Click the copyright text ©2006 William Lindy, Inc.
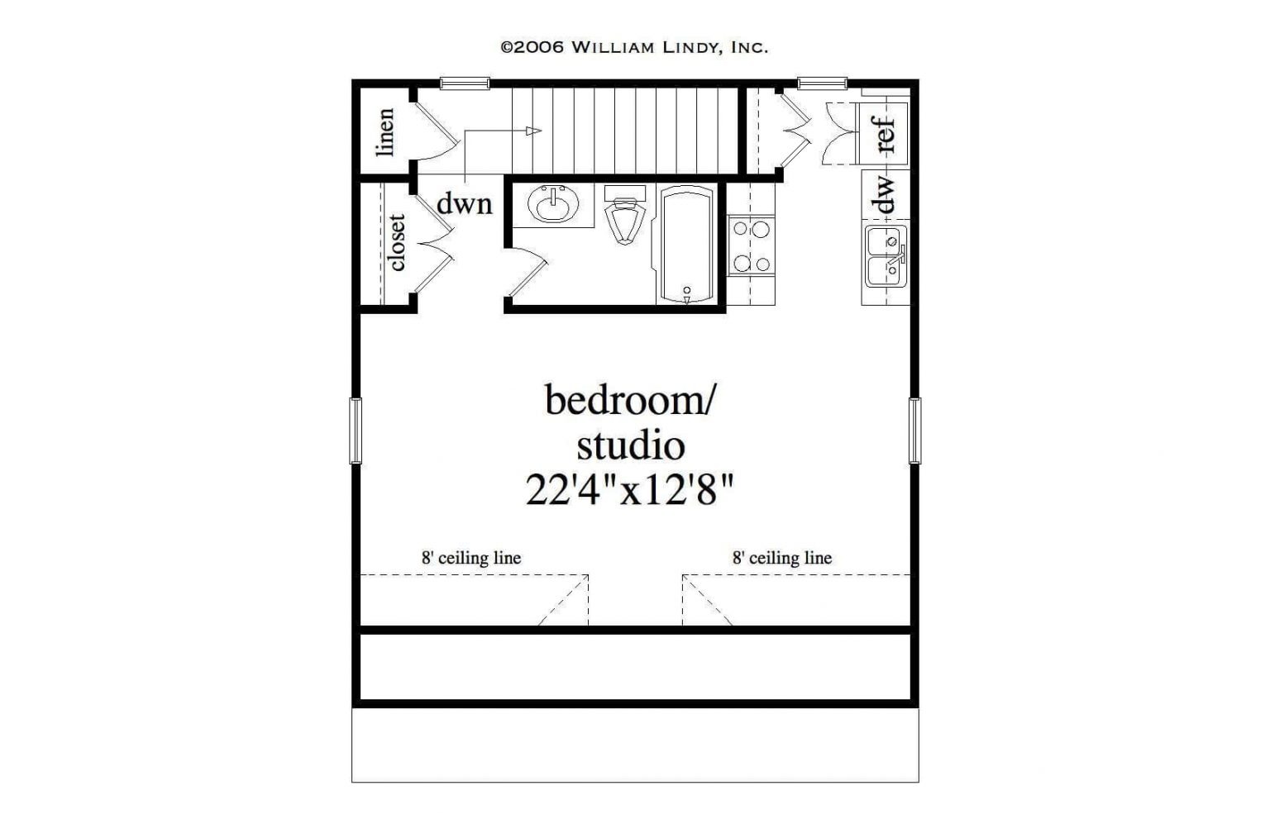[x=634, y=47]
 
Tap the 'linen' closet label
[x=385, y=132]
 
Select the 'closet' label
[x=397, y=242]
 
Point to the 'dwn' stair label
[x=464, y=203]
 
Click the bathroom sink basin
[x=552, y=204]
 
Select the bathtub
[x=686, y=245]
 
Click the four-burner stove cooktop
[x=751, y=245]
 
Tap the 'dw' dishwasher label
[x=884, y=195]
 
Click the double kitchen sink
[x=886, y=255]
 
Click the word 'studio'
[x=630, y=445]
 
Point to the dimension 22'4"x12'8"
[x=630, y=491]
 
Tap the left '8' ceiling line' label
[x=471, y=558]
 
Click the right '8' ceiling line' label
[x=782, y=558]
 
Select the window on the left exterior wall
[x=356, y=430]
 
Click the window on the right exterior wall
[x=914, y=430]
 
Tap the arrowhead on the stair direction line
[x=534, y=131]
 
